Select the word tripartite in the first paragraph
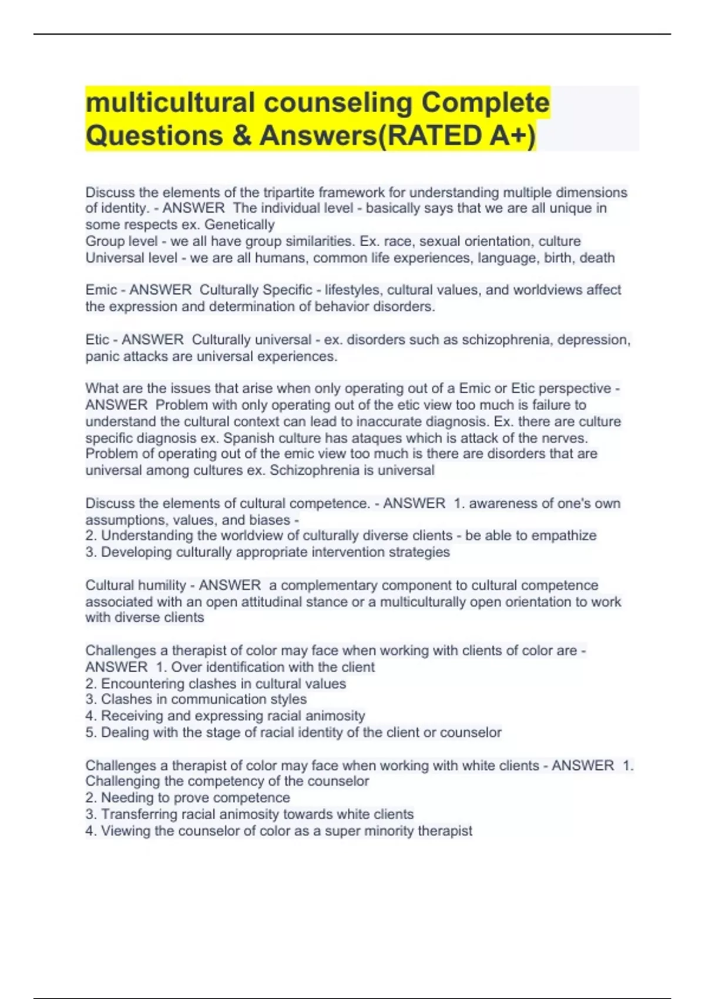291,192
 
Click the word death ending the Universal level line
597,257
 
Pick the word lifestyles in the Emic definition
352,290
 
